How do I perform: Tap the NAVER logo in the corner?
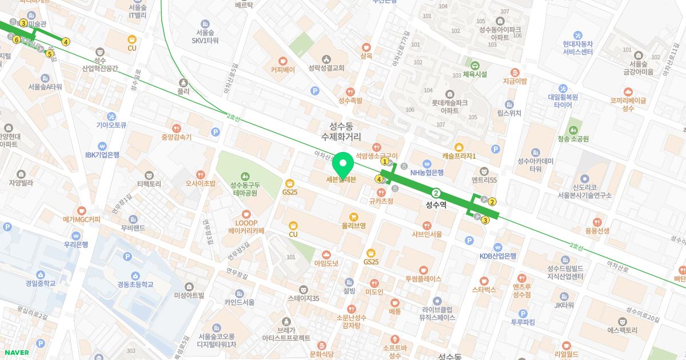click(x=16, y=353)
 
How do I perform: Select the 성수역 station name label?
click(x=436, y=204)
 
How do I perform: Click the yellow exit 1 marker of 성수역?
click(x=385, y=162)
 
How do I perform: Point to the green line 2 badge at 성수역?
click(x=436, y=193)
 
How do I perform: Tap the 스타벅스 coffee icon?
click(x=484, y=280)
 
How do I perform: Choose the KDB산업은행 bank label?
click(x=497, y=256)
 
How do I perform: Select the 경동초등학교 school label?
click(x=135, y=284)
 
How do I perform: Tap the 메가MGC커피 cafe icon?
click(x=81, y=210)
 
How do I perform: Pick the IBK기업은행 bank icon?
click(x=102, y=146)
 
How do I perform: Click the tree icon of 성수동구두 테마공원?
click(x=245, y=176)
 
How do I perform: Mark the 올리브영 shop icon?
click(x=353, y=217)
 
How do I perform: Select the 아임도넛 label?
click(x=326, y=263)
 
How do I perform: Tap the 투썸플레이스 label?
click(x=423, y=279)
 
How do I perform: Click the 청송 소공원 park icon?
click(x=573, y=129)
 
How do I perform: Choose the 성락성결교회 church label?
click(x=326, y=67)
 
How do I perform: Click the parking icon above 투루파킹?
click(x=522, y=313)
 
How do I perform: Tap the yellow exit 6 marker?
click(x=17, y=39)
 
